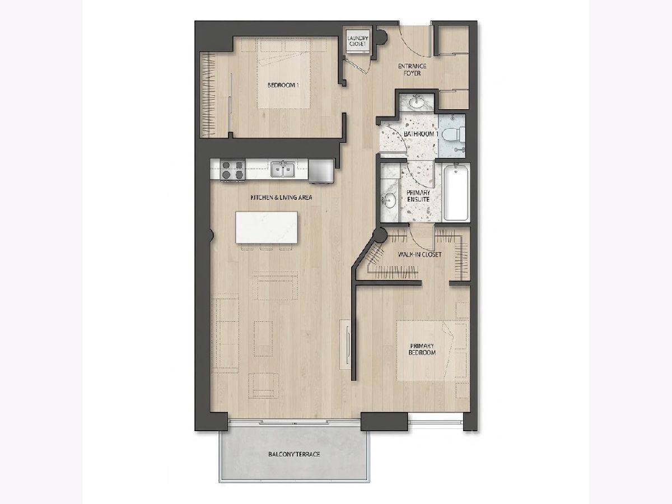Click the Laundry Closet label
(x=358, y=41)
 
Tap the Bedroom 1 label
(x=283, y=85)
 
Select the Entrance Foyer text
(x=412, y=70)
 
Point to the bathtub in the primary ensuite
(x=456, y=192)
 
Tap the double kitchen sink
(x=283, y=169)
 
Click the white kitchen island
(x=267, y=227)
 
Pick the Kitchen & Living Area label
(x=281, y=198)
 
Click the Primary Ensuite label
(x=418, y=196)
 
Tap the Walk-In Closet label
(x=419, y=255)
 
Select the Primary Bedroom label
(x=422, y=349)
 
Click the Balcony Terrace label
(x=294, y=454)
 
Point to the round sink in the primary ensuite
(x=389, y=200)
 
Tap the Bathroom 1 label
(x=421, y=134)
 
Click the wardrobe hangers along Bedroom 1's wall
(x=208, y=95)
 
